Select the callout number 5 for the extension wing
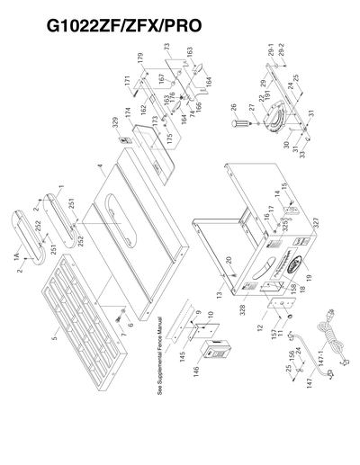[53, 339]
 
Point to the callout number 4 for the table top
[101, 168]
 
